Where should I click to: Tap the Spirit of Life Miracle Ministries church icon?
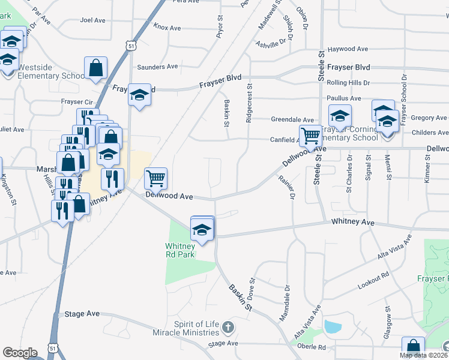click(227, 328)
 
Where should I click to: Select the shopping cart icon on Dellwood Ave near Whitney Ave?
click(155, 178)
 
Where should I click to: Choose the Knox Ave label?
click(167, 28)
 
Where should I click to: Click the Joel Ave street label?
click(92, 20)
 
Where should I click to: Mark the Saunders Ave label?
click(157, 67)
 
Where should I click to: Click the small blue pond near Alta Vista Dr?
click(331, 327)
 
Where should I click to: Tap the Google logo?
click(20, 353)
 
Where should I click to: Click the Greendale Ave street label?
click(292, 120)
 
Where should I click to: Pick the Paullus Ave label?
click(344, 98)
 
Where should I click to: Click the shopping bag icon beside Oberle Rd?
click(413, 347)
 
